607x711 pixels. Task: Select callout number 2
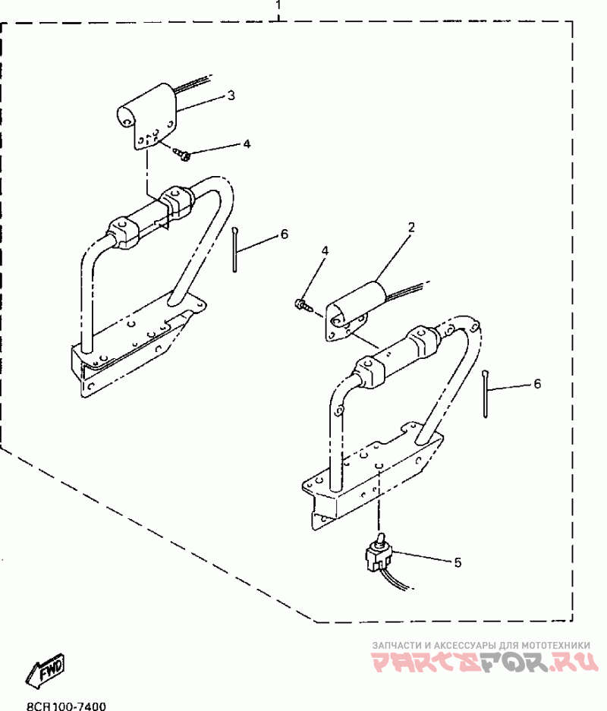[410, 227]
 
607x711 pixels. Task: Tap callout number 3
[231, 96]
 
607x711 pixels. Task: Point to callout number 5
[458, 562]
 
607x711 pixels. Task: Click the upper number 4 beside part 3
[246, 143]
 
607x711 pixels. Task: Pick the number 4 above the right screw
[325, 250]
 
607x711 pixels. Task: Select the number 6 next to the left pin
[284, 234]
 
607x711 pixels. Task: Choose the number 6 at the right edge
[537, 384]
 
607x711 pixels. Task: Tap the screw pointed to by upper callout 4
[183, 156]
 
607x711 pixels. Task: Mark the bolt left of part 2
[301, 305]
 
